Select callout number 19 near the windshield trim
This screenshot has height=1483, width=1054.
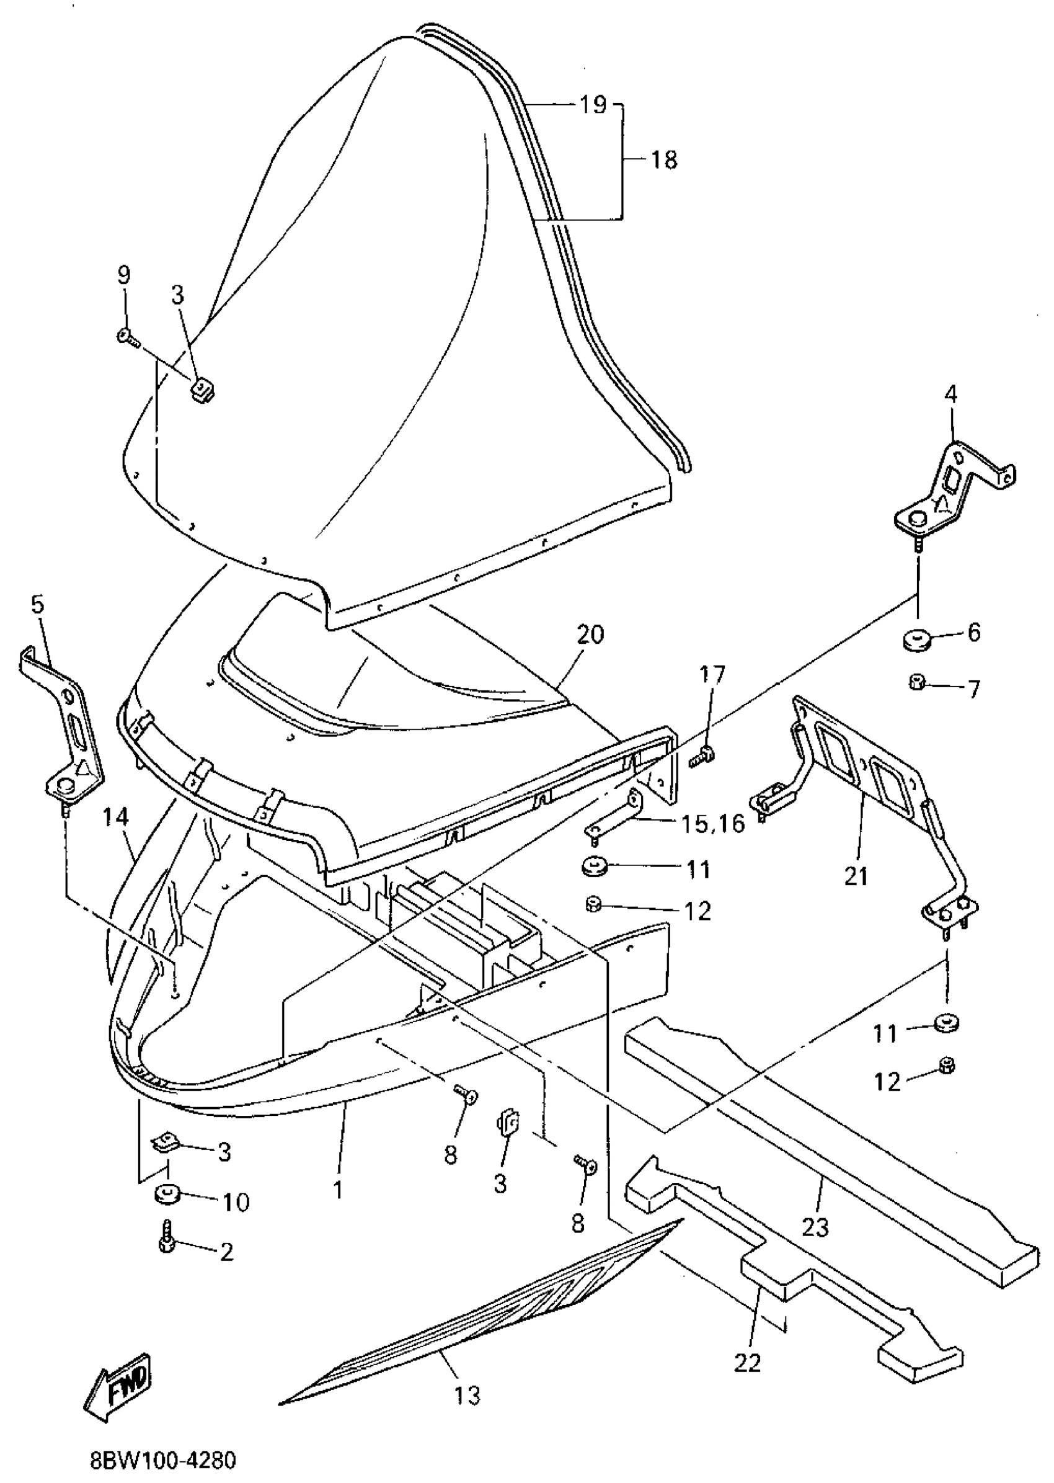tap(592, 104)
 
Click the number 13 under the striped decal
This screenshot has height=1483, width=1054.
tap(467, 1395)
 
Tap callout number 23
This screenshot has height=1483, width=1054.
tap(816, 1226)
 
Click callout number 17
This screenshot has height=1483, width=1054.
tap(711, 676)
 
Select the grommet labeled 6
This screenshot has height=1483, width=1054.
tap(915, 639)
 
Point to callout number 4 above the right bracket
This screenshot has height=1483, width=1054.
tap(951, 394)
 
